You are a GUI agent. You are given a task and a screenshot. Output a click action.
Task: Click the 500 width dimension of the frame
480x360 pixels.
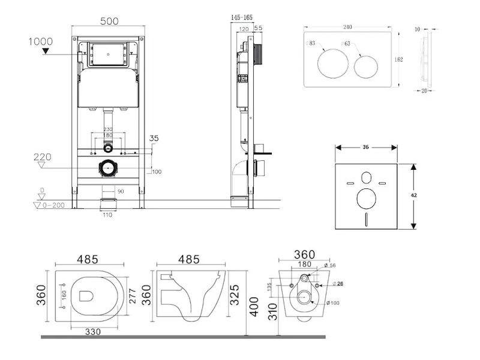[109, 21]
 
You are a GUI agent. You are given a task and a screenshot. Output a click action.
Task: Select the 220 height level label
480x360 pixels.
[42, 157]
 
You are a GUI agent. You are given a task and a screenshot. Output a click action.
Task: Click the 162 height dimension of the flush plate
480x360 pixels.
[399, 59]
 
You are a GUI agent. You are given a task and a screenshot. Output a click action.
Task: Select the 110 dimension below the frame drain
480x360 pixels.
[107, 215]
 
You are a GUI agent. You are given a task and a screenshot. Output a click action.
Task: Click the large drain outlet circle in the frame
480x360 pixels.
[108, 168]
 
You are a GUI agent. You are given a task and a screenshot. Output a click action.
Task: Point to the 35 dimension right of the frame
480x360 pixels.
[154, 139]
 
